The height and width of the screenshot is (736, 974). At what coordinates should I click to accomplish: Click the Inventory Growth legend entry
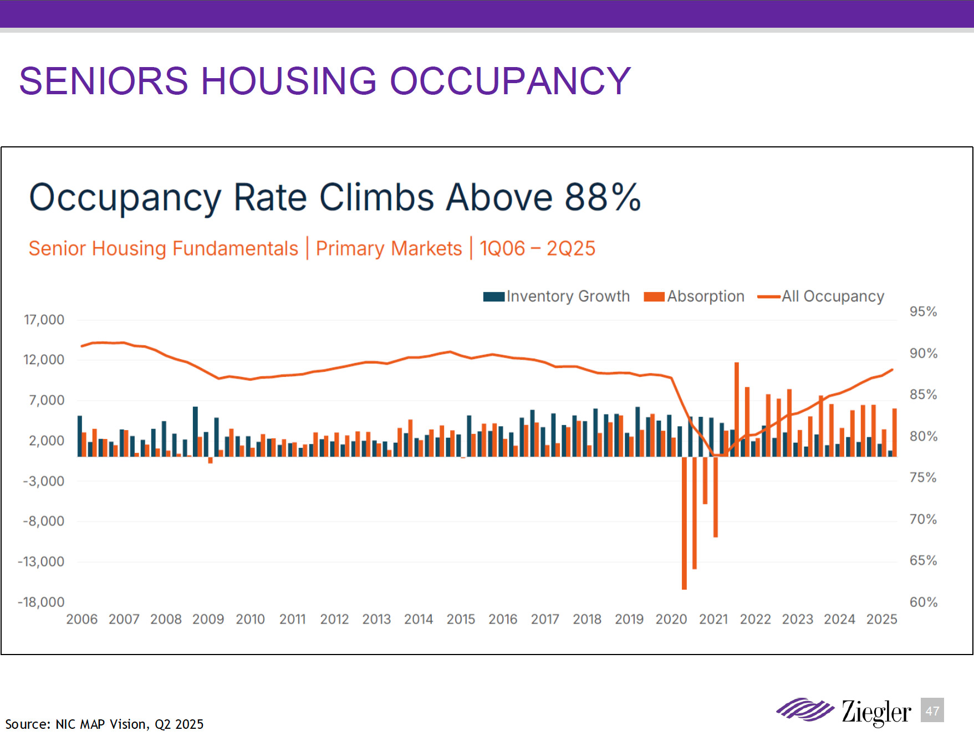[557, 297]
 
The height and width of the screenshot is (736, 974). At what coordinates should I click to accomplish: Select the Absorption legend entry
[694, 297]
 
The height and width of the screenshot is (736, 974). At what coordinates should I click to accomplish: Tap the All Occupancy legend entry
[821, 297]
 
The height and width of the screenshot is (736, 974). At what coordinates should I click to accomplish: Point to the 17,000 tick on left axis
[44, 320]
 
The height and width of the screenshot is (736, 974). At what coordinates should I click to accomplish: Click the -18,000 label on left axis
[41, 602]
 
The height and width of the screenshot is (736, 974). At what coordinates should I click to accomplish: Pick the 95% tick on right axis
[923, 311]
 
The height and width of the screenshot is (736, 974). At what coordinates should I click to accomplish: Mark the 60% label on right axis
[923, 602]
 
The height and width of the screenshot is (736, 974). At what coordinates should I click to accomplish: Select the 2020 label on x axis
[671, 619]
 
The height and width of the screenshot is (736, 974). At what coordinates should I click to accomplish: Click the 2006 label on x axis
[82, 619]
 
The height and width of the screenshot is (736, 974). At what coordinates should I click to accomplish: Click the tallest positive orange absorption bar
[737, 409]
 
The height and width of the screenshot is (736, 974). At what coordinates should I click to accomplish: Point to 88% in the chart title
[603, 197]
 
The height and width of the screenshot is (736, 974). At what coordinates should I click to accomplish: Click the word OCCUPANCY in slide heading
[510, 81]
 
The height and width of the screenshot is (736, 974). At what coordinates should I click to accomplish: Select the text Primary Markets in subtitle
[389, 248]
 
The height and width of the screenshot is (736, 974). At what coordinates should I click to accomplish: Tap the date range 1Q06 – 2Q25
[537, 248]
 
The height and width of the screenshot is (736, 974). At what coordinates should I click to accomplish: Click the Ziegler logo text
[876, 712]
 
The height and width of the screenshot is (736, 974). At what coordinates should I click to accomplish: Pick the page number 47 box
[932, 711]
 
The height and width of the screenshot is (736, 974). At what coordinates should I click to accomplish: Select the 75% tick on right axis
[923, 478]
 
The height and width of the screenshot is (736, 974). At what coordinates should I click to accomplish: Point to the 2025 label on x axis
[881, 619]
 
